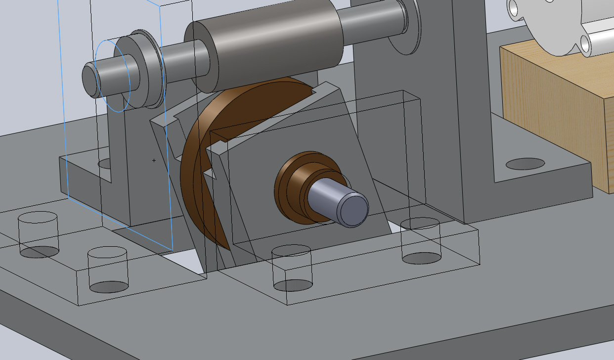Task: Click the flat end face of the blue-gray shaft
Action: coord(352,210)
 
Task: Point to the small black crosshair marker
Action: coord(154,160)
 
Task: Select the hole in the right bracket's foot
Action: coord(525,163)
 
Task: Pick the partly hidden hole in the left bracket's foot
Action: coord(104,163)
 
